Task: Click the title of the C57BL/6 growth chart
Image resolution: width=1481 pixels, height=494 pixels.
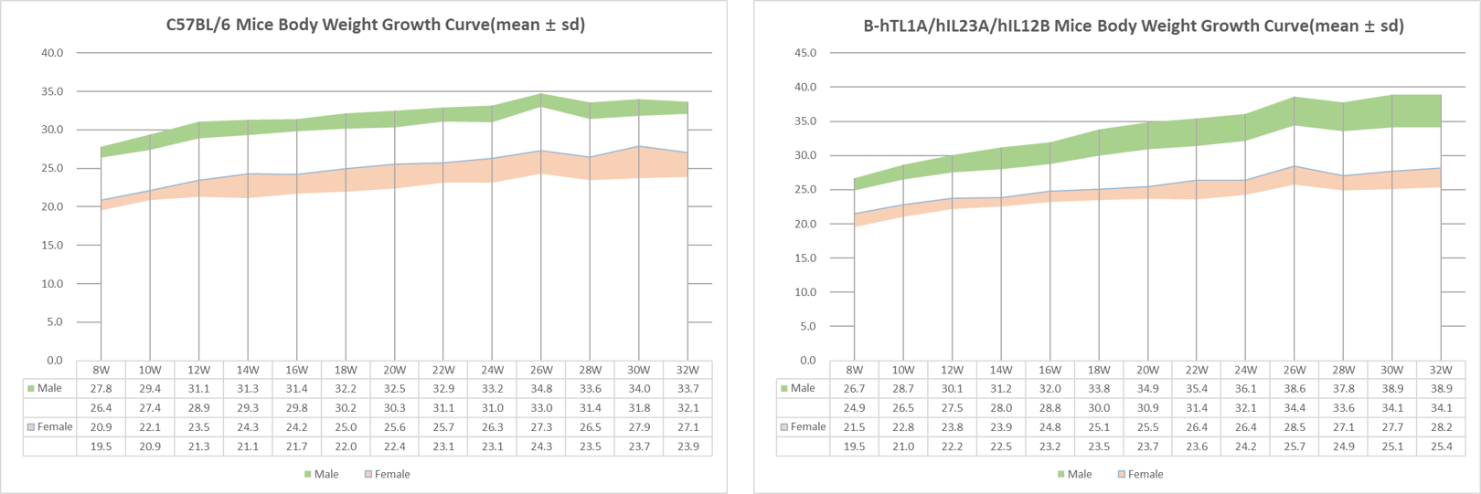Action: [375, 25]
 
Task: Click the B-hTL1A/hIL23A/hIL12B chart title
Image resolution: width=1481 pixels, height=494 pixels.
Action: [1134, 26]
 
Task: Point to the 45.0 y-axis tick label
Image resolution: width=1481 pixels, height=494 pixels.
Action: [804, 53]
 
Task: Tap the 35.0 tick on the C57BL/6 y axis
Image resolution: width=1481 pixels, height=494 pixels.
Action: [52, 91]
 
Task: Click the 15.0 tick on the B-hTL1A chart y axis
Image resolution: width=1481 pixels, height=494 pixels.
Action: [804, 258]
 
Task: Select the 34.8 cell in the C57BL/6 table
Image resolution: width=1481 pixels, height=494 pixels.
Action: [541, 388]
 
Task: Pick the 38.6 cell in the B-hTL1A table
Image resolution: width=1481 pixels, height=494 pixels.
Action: [1295, 388]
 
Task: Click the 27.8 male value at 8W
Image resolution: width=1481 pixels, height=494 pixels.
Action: [101, 388]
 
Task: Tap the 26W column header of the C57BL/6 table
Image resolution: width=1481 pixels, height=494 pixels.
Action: [541, 370]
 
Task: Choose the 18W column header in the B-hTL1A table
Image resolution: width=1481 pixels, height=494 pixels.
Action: [1099, 370]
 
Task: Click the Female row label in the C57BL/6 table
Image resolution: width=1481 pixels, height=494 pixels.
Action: [54, 426]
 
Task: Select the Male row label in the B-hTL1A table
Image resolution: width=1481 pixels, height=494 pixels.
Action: [802, 388]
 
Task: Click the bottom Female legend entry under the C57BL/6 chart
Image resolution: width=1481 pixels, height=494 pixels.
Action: [391, 474]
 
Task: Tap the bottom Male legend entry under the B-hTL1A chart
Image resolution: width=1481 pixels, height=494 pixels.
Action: [1079, 474]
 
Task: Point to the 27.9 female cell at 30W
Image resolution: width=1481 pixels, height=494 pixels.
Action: [639, 426]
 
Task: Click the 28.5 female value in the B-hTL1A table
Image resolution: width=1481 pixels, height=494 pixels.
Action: [1295, 426]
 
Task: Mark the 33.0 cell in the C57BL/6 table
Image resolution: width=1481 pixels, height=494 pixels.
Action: [541, 407]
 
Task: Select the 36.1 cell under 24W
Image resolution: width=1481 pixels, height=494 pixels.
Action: [1245, 388]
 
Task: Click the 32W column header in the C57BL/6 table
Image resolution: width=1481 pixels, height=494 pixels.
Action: [687, 370]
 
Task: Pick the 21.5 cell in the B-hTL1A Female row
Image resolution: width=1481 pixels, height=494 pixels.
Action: [854, 426]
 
